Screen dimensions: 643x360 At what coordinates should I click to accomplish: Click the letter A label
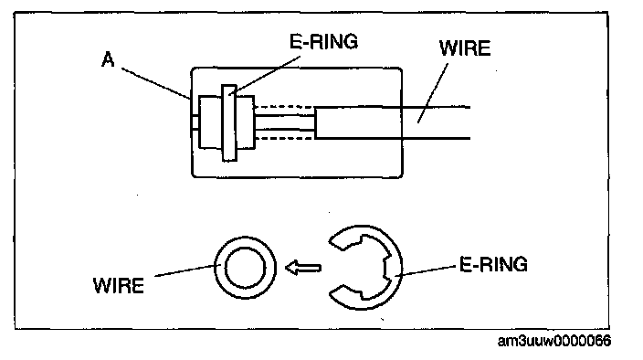(108, 60)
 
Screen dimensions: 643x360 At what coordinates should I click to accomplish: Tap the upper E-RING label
(323, 41)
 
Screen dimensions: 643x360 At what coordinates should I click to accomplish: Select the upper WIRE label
(465, 48)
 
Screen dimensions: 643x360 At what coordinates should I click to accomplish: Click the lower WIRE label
(119, 285)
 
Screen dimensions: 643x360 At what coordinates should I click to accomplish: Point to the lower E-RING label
(493, 264)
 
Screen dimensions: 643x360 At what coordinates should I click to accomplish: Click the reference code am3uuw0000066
(554, 341)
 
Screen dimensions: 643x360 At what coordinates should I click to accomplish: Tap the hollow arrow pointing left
(303, 268)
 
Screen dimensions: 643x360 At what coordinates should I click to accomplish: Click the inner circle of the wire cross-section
(245, 268)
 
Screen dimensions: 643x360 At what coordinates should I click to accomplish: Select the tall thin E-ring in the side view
(229, 123)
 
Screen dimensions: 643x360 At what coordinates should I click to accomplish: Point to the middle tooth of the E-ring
(385, 268)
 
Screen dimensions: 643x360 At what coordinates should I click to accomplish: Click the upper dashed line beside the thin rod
(285, 107)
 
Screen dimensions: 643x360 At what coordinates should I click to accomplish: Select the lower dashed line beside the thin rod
(285, 139)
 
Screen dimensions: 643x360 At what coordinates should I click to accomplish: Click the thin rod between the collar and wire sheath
(285, 122)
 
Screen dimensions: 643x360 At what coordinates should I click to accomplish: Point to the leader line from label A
(156, 84)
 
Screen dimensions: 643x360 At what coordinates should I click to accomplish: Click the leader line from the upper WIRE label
(433, 92)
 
